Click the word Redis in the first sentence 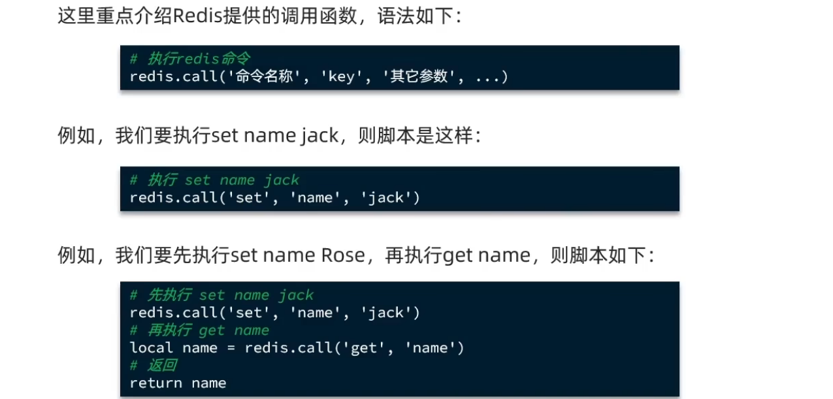pos(197,16)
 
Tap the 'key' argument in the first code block pos(342,76)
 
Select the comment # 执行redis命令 pos(189,59)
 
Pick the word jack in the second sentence pos(319,136)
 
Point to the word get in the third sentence pos(458,255)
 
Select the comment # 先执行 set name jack pos(221,295)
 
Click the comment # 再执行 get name pos(199,330)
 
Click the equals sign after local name pos(231,349)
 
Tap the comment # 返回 pos(154,366)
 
